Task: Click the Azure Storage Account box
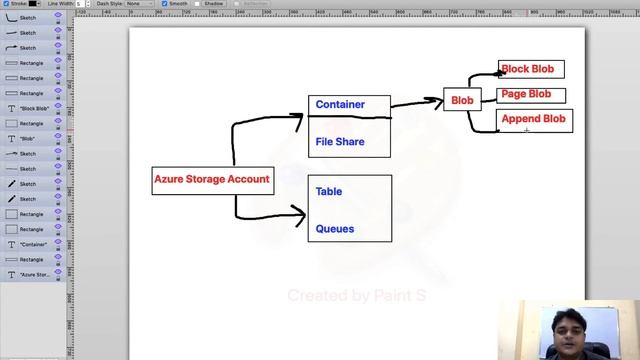(211, 180)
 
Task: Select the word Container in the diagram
(340, 104)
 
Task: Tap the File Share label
(340, 142)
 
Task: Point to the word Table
(329, 191)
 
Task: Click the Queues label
(335, 229)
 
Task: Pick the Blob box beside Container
(462, 100)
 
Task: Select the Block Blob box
(530, 69)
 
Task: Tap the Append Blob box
(533, 119)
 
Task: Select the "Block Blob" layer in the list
(34, 108)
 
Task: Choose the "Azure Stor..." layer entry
(34, 274)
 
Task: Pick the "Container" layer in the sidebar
(34, 244)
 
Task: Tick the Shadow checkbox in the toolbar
(199, 3)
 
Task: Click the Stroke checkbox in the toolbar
(5, 3)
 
